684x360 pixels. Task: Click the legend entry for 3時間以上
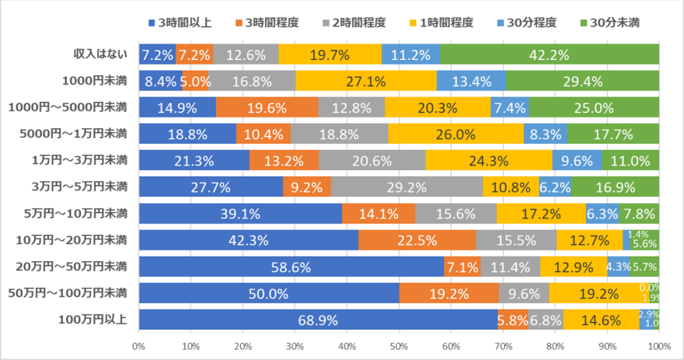177,22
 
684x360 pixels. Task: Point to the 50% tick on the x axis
399,344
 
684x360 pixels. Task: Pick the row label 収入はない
100,54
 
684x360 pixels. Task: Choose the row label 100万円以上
95,320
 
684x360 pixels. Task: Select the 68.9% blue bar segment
318,320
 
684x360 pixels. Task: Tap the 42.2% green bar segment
550,54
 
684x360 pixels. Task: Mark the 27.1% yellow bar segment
366,81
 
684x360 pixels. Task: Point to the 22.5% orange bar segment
417,239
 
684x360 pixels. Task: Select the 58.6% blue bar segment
291,267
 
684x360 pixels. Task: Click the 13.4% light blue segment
471,81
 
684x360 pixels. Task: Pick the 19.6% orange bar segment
267,107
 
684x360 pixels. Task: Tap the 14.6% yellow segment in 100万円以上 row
602,320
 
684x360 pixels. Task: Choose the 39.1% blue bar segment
241,213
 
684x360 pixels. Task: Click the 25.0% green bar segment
594,107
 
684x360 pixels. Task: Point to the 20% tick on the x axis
243,344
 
